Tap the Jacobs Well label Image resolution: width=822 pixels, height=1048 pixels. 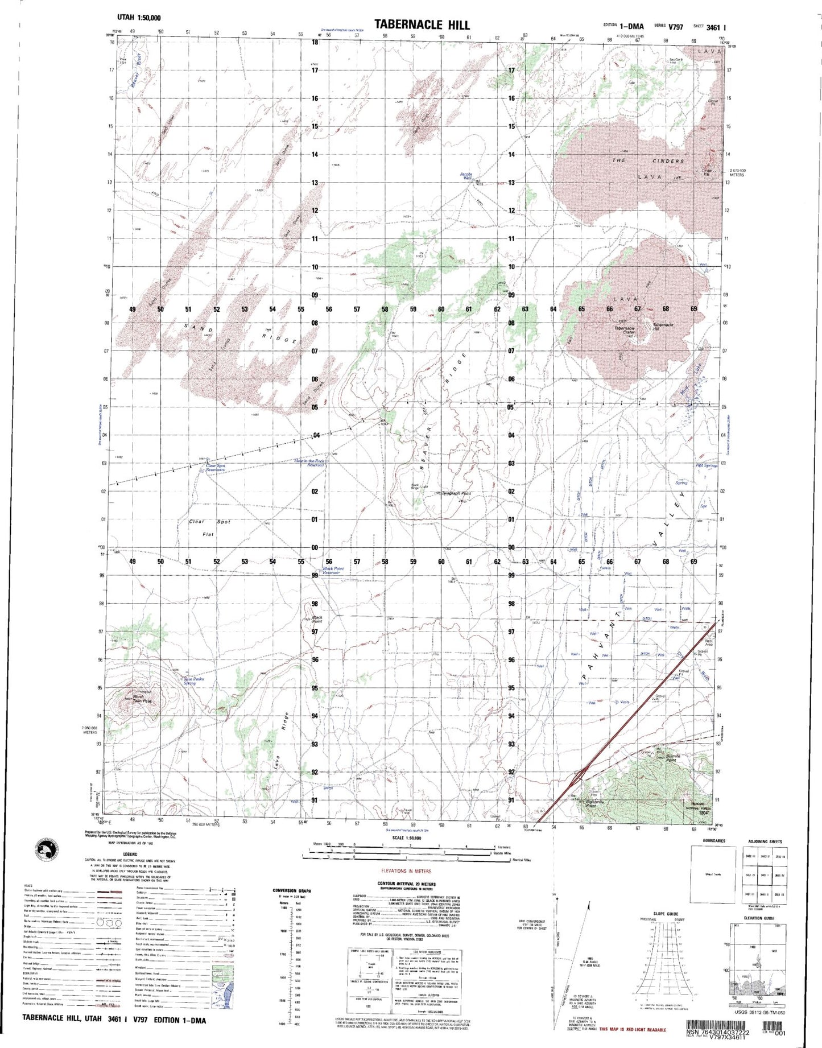466,176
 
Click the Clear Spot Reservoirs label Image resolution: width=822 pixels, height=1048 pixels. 216,468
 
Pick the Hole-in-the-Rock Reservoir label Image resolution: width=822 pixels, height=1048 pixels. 309,463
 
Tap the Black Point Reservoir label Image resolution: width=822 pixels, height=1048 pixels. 333,570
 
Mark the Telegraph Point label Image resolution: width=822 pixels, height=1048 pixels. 457,493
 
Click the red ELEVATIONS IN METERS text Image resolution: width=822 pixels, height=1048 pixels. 406,871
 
